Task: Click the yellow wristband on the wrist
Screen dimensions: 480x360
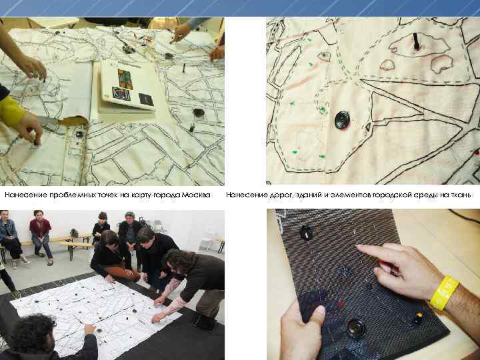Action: (445, 293)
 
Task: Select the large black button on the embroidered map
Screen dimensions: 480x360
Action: (342, 120)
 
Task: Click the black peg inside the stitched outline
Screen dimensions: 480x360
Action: (416, 41)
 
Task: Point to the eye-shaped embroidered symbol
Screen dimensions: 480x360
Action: (324, 56)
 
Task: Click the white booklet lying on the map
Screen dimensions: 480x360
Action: (127, 85)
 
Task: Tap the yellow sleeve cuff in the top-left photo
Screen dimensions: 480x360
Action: (11, 111)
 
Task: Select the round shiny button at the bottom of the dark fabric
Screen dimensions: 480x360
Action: (356, 329)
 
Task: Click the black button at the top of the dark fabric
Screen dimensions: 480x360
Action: (306, 233)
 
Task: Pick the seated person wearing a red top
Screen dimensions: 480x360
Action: (41, 236)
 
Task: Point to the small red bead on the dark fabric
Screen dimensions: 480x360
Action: (341, 304)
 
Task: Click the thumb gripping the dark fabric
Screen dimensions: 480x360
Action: (315, 316)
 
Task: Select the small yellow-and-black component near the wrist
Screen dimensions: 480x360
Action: (418, 318)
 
